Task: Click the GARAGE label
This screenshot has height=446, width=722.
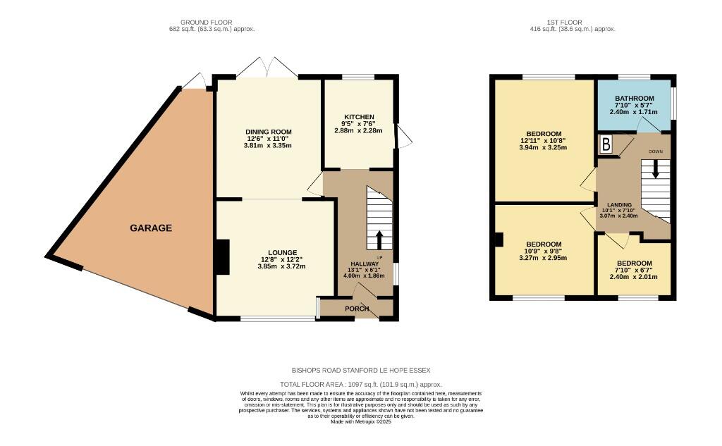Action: (x=150, y=228)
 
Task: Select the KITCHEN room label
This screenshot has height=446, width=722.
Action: (x=359, y=117)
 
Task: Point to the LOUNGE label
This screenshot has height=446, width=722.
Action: (x=282, y=252)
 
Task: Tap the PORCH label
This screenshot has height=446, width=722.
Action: (x=357, y=309)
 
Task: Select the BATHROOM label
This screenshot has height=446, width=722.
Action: (x=634, y=99)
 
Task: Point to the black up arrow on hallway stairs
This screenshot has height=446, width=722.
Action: (x=379, y=240)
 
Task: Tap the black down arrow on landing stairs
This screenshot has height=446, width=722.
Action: (x=655, y=170)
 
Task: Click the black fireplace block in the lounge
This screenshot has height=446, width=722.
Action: (x=222, y=256)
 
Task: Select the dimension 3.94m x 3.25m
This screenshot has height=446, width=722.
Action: (x=543, y=147)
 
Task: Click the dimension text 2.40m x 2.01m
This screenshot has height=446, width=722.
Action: (x=633, y=277)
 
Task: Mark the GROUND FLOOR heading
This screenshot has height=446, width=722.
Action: (x=206, y=23)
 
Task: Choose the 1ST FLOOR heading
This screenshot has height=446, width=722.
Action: (x=573, y=23)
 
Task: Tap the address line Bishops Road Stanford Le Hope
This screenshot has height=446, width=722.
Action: (x=360, y=371)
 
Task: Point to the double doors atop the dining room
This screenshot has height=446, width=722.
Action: (x=267, y=69)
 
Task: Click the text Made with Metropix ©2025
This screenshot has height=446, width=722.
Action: (x=360, y=421)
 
